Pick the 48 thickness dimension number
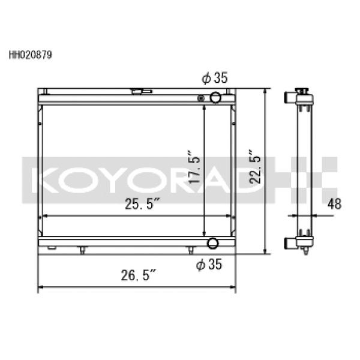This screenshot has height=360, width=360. click(334, 205)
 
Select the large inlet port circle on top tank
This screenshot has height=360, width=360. click(215, 97)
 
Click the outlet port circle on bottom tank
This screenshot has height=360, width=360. click(212, 243)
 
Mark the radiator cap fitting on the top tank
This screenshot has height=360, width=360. click(139, 92)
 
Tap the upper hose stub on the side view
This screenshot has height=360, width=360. click(290, 97)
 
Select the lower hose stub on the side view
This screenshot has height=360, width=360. click(290, 243)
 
